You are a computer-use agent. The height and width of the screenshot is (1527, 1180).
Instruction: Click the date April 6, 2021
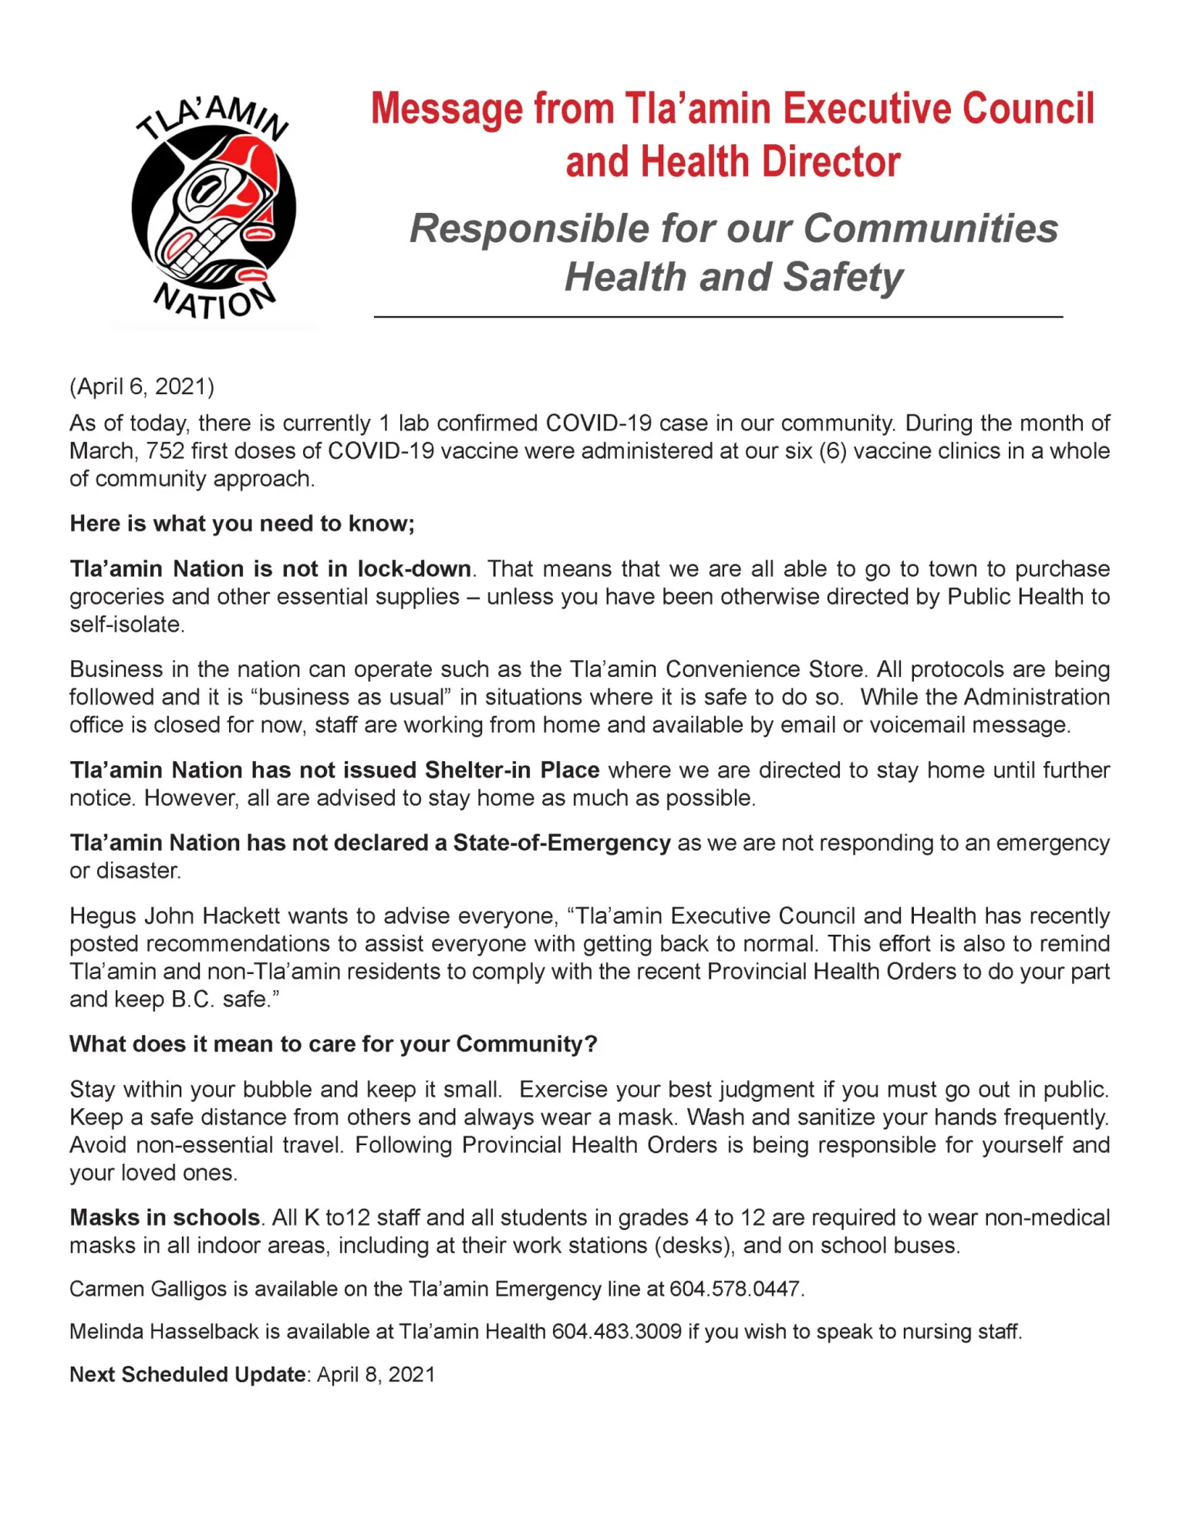click(x=142, y=386)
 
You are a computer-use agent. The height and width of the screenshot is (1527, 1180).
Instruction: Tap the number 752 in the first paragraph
click(x=164, y=451)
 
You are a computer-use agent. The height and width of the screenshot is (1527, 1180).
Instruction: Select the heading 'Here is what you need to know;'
click(x=242, y=524)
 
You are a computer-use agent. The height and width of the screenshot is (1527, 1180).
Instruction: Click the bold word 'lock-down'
click(x=414, y=569)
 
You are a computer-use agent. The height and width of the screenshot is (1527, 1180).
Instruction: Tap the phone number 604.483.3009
click(x=616, y=1332)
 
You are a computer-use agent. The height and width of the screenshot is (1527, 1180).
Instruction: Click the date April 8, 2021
click(x=376, y=1374)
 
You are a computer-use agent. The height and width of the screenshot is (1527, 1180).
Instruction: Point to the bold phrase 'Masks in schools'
click(x=165, y=1217)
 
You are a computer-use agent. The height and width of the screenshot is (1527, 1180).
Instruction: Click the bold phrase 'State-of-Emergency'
click(x=561, y=843)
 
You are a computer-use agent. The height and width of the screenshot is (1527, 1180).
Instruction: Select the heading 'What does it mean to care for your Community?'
click(x=333, y=1044)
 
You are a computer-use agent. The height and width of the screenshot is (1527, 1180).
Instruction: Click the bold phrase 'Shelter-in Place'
click(x=512, y=770)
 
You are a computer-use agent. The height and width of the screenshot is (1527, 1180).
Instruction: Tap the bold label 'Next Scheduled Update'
click(x=187, y=1374)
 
